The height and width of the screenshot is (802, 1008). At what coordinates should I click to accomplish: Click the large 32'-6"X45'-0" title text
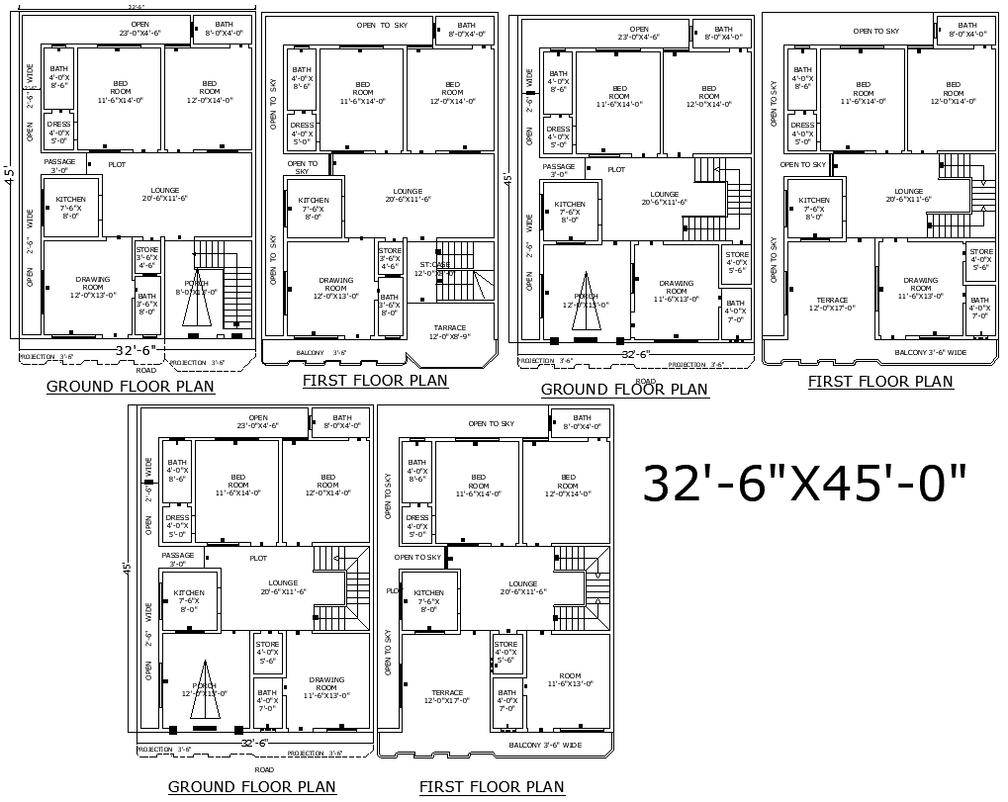(x=805, y=484)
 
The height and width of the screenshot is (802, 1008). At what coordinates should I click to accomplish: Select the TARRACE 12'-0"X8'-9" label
(x=449, y=332)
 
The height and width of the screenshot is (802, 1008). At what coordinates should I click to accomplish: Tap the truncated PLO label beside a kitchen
(x=392, y=590)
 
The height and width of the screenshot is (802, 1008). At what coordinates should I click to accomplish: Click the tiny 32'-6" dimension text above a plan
(x=136, y=7)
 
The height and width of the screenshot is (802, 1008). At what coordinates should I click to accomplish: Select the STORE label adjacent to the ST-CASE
(x=390, y=258)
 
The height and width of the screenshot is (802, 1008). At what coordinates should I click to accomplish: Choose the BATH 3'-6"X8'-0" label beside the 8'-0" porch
(x=146, y=304)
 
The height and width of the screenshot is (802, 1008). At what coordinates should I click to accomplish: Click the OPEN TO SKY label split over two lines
(x=302, y=167)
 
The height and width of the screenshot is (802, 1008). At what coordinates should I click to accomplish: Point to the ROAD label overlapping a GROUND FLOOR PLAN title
(x=645, y=381)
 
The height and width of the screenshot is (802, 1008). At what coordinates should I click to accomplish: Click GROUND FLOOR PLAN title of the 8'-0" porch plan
(x=130, y=387)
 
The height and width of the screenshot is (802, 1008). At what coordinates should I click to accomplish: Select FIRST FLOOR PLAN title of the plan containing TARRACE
(x=375, y=381)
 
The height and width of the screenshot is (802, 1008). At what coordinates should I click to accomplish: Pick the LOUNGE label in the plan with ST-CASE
(x=408, y=195)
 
